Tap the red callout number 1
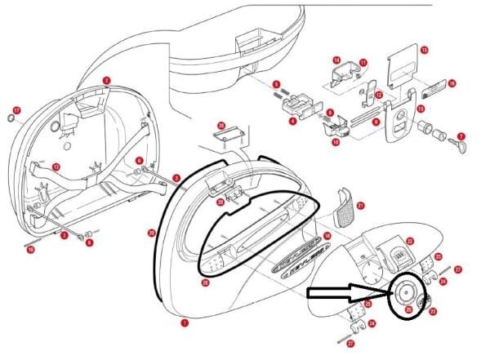(x=185, y=322)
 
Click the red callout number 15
(x=424, y=50)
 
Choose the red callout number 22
(x=410, y=241)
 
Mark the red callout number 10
(x=336, y=142)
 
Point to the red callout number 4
(x=292, y=121)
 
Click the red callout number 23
(x=434, y=311)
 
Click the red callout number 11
(x=363, y=61)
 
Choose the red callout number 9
(x=375, y=122)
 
